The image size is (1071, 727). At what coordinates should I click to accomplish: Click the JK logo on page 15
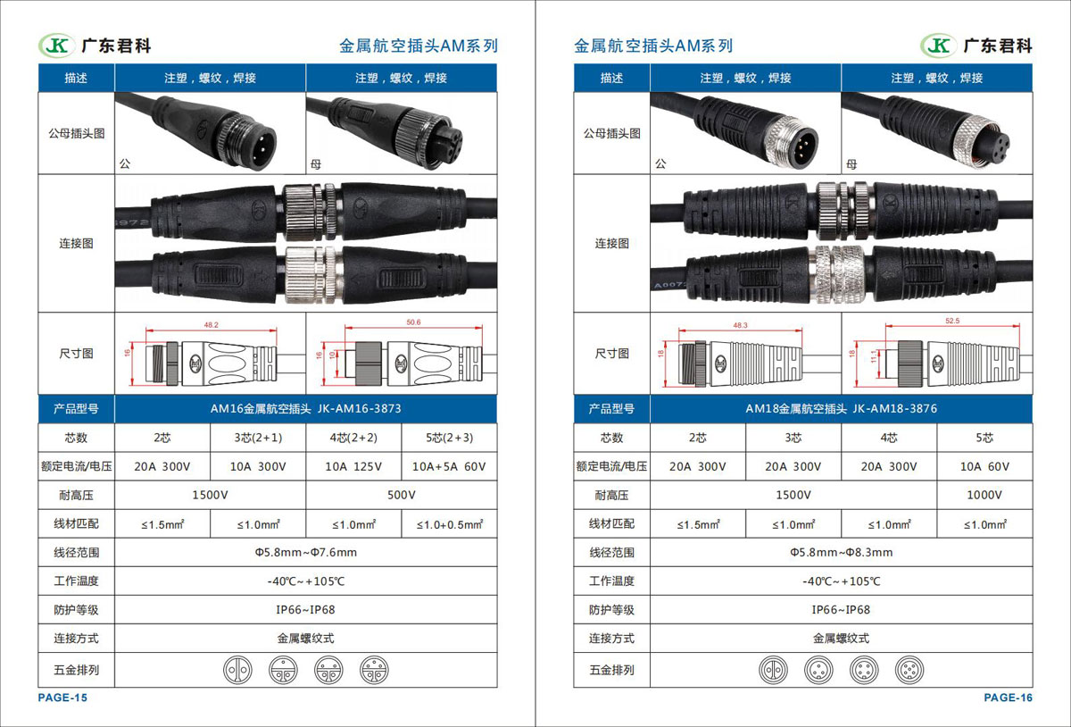click(57, 46)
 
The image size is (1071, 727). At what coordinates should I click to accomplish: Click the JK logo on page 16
click(939, 46)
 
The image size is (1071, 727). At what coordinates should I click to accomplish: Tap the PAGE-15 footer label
click(62, 698)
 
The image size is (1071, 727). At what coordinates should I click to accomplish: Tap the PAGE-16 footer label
click(1008, 698)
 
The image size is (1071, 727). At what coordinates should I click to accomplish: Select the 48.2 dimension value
click(211, 325)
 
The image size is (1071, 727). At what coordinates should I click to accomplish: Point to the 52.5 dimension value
click(952, 321)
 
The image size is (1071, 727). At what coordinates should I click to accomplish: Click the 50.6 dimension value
click(413, 322)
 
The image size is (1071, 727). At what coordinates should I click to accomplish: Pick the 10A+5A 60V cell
click(449, 466)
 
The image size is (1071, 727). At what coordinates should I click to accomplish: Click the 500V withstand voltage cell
click(401, 495)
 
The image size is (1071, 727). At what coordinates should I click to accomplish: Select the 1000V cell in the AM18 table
click(984, 495)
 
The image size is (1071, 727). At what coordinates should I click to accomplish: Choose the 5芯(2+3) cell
click(450, 438)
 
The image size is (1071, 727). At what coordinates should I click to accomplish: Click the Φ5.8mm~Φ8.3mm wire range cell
click(841, 552)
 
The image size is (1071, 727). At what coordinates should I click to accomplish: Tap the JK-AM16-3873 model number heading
click(359, 409)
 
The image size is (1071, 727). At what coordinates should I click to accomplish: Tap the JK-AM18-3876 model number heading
click(894, 409)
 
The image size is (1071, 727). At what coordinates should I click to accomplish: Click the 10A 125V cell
click(353, 466)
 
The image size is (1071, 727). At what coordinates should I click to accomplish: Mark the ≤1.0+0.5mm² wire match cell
click(450, 524)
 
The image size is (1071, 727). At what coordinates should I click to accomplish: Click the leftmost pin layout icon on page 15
click(237, 670)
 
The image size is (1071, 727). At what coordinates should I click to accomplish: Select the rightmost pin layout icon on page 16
click(909, 670)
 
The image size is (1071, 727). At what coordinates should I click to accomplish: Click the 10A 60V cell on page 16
click(984, 466)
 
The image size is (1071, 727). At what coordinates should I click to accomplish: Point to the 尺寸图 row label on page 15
click(76, 354)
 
